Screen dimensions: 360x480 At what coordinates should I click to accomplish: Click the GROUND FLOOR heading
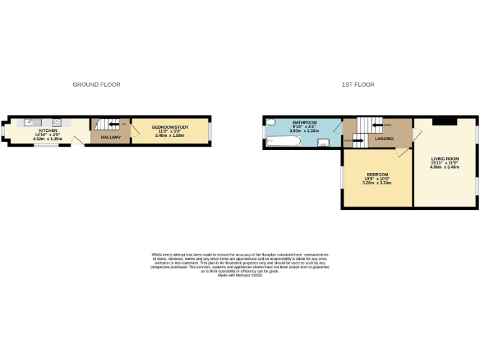(96, 84)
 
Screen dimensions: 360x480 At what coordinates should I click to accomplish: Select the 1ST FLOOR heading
(358, 84)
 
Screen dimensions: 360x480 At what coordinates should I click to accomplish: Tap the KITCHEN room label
(48, 130)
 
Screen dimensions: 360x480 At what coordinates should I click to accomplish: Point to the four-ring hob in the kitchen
(57, 122)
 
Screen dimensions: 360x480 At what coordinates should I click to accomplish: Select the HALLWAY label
(111, 137)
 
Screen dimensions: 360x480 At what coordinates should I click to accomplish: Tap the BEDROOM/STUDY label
(169, 127)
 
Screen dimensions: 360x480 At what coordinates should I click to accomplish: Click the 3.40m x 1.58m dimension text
(169, 135)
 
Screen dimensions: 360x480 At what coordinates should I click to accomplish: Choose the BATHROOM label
(305, 122)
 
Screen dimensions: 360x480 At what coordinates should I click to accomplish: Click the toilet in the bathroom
(270, 123)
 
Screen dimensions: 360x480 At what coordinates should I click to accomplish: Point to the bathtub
(284, 141)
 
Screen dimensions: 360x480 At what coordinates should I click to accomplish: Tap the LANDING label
(384, 138)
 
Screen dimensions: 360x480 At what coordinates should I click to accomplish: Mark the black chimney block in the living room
(444, 121)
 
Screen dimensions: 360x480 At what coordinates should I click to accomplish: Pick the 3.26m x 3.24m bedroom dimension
(377, 182)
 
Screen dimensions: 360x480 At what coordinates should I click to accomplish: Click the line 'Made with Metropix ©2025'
(239, 275)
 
